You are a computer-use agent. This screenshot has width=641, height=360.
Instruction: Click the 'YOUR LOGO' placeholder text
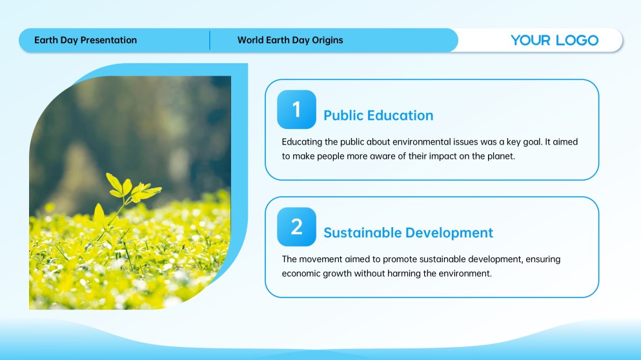point(555,40)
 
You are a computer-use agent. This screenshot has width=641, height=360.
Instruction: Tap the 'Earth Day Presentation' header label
point(85,40)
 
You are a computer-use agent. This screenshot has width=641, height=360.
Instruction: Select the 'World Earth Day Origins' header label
point(290,40)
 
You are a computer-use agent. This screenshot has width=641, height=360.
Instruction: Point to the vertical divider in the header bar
point(210,40)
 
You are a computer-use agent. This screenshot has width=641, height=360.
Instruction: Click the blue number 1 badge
point(296,110)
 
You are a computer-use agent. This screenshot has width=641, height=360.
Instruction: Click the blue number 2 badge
point(296,227)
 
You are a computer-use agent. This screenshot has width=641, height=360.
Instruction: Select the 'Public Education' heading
point(378,115)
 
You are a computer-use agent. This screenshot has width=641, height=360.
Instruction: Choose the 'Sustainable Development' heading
point(408,232)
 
